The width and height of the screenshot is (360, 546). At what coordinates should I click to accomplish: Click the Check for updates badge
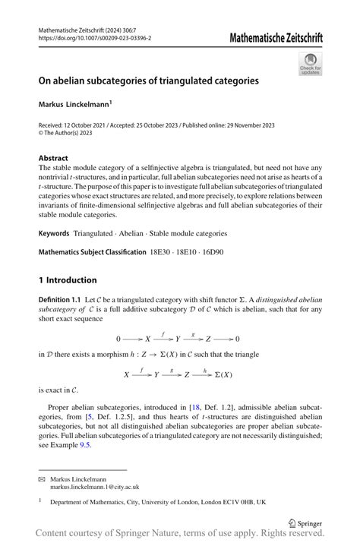(x=311, y=65)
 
